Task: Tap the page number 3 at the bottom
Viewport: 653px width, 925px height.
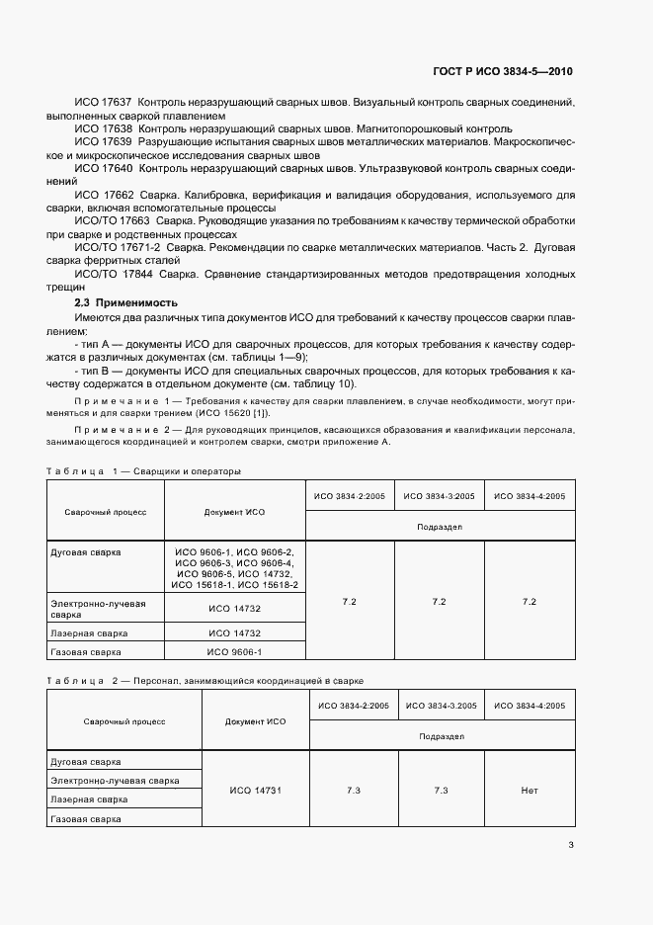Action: tap(571, 844)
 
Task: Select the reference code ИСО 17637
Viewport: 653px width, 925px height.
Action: tap(104, 103)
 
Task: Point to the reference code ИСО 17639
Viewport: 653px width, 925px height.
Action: tap(104, 142)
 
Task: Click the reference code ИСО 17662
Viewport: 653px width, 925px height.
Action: tap(104, 196)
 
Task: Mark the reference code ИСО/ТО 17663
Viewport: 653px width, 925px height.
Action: tap(112, 222)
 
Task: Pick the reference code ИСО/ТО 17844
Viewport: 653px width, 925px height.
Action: tap(112, 276)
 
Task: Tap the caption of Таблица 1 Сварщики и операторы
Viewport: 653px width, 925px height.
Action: tap(143, 471)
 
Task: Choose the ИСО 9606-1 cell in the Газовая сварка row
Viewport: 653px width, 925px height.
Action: tap(235, 652)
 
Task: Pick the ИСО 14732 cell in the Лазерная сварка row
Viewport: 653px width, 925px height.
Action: tap(235, 632)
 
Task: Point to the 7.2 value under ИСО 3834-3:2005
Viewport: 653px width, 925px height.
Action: tap(439, 601)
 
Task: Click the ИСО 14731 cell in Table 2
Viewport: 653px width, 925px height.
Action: tap(255, 791)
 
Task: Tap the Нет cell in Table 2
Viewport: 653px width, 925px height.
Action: tap(529, 791)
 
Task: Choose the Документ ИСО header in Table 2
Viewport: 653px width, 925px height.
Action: tap(255, 721)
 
